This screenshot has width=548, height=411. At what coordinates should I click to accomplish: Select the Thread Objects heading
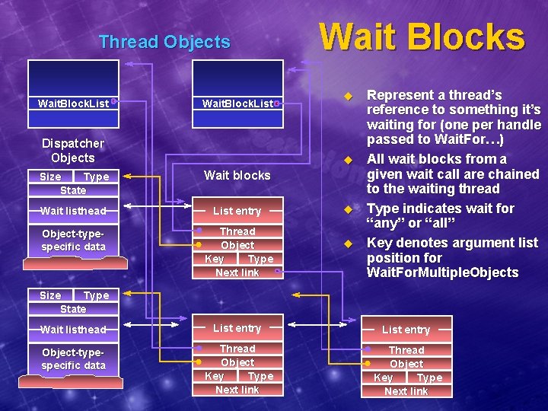[164, 42]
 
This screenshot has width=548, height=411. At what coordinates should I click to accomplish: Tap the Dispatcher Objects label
[73, 151]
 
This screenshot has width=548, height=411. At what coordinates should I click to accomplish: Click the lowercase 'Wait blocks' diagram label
[237, 175]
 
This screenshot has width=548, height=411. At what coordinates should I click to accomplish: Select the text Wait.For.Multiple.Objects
[442, 272]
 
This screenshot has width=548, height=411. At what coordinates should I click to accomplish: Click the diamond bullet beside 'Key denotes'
[349, 244]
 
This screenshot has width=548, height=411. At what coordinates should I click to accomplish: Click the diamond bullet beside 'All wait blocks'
[349, 160]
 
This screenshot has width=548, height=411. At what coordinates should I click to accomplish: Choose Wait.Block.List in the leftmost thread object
[73, 103]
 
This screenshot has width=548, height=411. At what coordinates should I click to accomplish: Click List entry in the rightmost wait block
[406, 330]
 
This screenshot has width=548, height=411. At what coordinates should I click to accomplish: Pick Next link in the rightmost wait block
[406, 391]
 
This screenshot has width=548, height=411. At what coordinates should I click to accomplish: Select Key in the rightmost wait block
[383, 378]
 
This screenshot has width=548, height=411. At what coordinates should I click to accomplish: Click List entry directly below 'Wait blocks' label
[237, 211]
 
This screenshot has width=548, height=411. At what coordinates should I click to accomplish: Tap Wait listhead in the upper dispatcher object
[73, 211]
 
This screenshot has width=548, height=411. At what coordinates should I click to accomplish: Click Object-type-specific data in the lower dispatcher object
[73, 359]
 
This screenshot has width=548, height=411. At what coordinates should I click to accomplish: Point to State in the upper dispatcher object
[73, 190]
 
